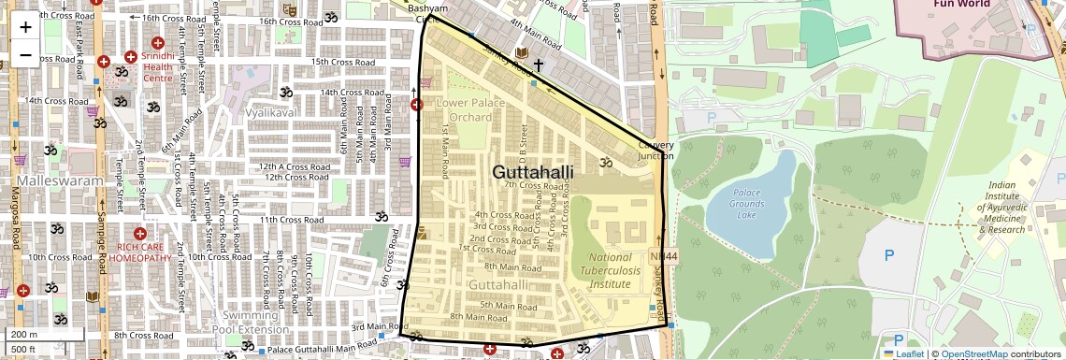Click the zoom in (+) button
pyautogui.click(x=25, y=26)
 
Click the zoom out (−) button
pyautogui.click(x=25, y=54)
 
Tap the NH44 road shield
pyautogui.click(x=659, y=256)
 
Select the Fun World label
pyautogui.click(x=961, y=4)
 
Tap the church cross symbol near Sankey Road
pyautogui.click(x=538, y=65)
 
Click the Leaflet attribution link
pyautogui.click(x=903, y=353)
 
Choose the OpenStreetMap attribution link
pyautogui.click(x=973, y=353)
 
